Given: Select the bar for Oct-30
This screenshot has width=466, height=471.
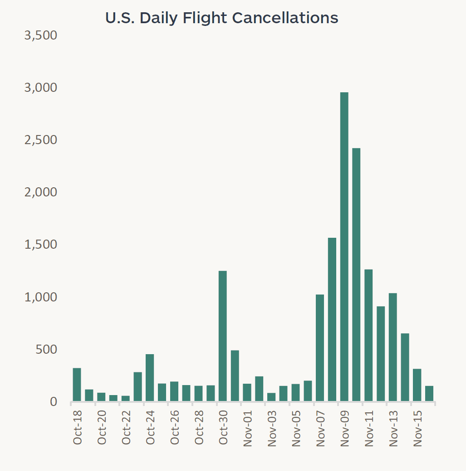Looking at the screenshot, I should (x=223, y=336).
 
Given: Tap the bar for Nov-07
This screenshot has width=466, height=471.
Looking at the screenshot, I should (x=320, y=348).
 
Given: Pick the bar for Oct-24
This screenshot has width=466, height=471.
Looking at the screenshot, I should (x=150, y=377).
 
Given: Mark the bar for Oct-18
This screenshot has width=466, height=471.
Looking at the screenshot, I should (x=77, y=385).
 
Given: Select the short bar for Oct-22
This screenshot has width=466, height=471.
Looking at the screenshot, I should (x=126, y=398).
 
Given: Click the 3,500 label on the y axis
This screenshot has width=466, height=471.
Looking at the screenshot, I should (x=40, y=35).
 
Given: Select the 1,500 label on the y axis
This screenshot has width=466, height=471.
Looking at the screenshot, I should (x=40, y=245).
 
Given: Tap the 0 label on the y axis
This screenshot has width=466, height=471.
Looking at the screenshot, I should (x=53, y=402).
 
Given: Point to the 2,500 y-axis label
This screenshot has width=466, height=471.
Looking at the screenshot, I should (x=40, y=140).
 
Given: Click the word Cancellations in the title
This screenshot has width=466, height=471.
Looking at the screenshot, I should (x=285, y=18).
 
